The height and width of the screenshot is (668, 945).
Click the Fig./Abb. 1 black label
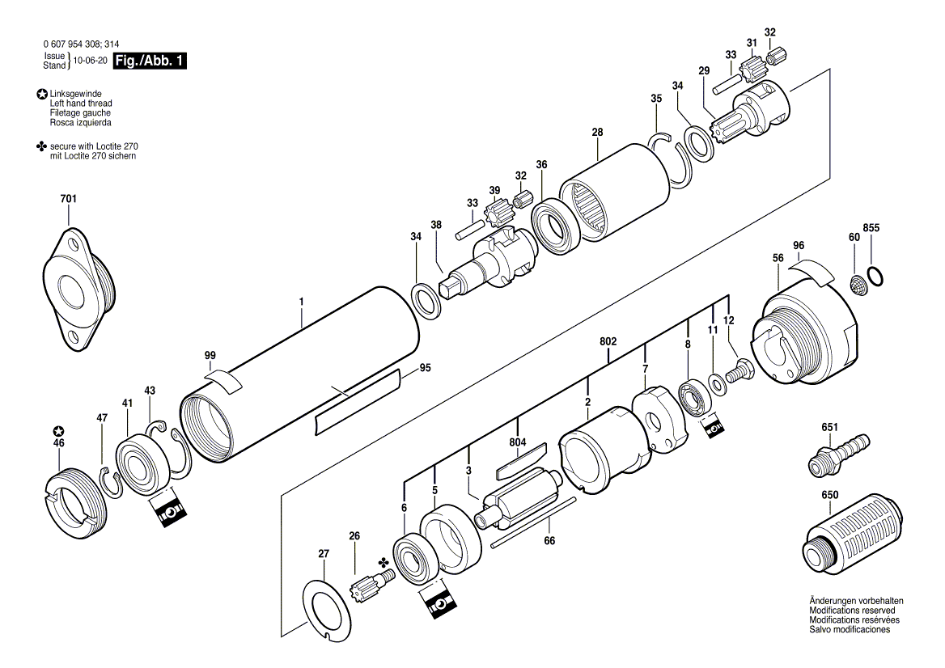click(x=150, y=61)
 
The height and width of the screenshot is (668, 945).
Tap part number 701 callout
click(x=69, y=199)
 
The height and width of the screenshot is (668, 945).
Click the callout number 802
click(x=608, y=342)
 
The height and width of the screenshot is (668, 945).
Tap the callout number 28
click(x=597, y=132)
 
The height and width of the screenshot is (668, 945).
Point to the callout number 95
click(x=424, y=368)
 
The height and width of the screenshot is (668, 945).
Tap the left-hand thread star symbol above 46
click(x=57, y=431)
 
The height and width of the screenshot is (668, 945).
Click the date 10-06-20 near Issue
click(x=90, y=61)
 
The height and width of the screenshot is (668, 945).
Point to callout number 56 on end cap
click(x=778, y=257)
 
